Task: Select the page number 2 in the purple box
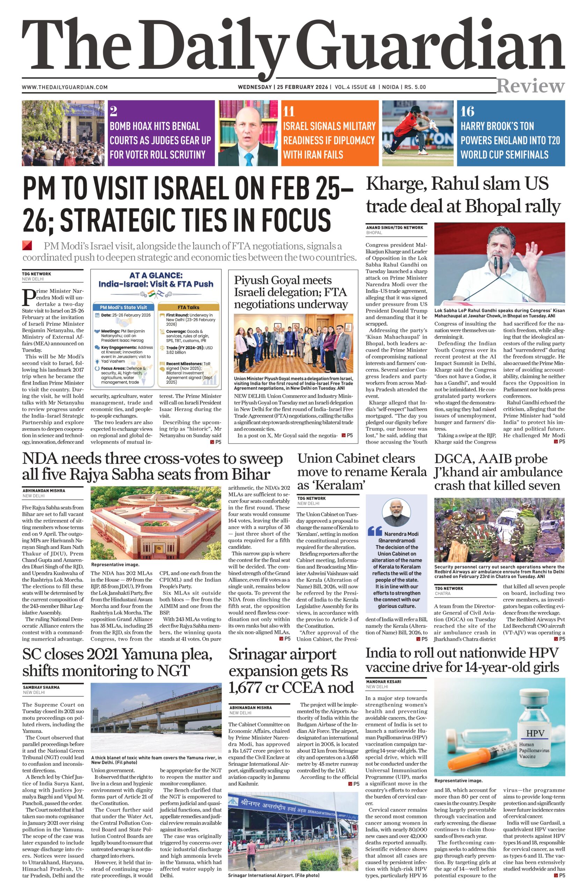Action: pos(113,111)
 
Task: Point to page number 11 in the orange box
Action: pos(288,112)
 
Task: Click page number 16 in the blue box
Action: pos(468,111)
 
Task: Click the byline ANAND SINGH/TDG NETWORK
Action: pos(394,228)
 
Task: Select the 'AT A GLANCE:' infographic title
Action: pos(155,275)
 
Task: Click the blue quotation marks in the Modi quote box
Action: pos(374,531)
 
